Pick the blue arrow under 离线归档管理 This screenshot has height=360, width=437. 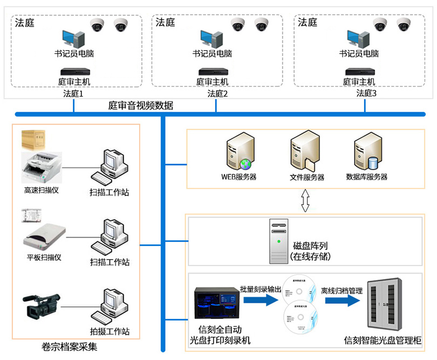[x=342, y=301]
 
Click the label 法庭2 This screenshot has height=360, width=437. [x=217, y=93]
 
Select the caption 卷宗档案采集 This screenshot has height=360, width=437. [x=69, y=347]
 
